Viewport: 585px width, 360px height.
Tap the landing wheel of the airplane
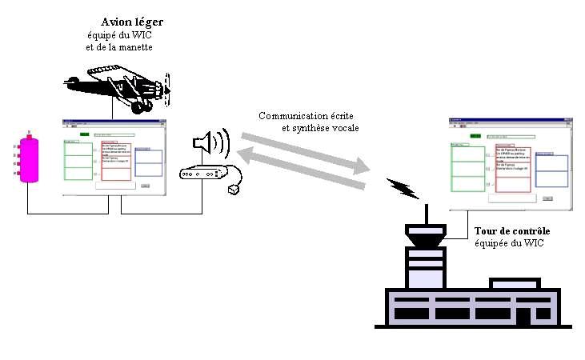click(142, 106)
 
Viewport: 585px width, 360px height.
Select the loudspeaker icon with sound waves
click(210, 145)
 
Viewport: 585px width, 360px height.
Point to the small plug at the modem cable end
click(234, 190)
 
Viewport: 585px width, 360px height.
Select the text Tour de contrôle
click(512, 230)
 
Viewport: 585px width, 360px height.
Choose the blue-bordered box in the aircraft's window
click(146, 162)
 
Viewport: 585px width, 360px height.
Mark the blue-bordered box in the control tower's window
click(551, 170)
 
